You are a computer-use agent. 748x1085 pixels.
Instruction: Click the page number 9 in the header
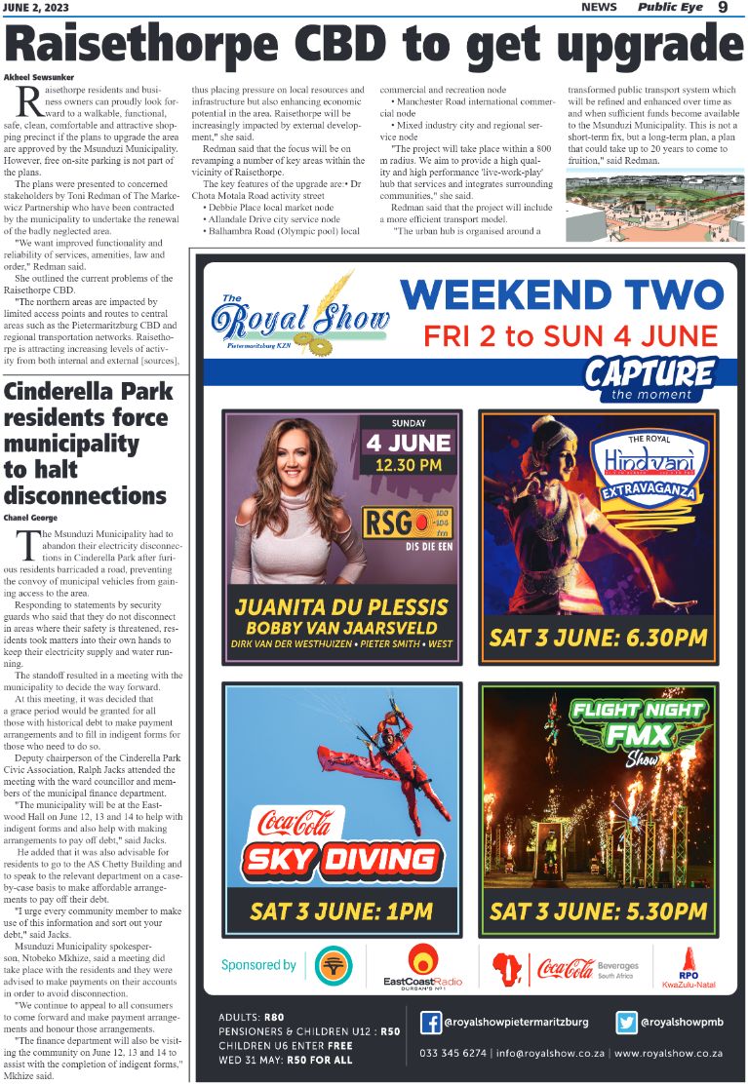point(723,8)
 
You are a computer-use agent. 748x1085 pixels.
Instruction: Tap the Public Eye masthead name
point(673,8)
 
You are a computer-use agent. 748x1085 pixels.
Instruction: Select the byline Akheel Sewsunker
point(40,76)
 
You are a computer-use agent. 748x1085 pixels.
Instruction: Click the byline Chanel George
point(30,517)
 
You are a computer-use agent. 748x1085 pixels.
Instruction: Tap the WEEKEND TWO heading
point(563,295)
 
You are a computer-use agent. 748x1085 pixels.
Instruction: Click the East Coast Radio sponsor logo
point(423,966)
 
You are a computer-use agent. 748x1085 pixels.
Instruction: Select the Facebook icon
point(430,1023)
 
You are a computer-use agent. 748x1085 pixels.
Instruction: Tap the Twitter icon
point(627,1023)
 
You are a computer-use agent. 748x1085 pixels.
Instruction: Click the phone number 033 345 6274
point(453,1053)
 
